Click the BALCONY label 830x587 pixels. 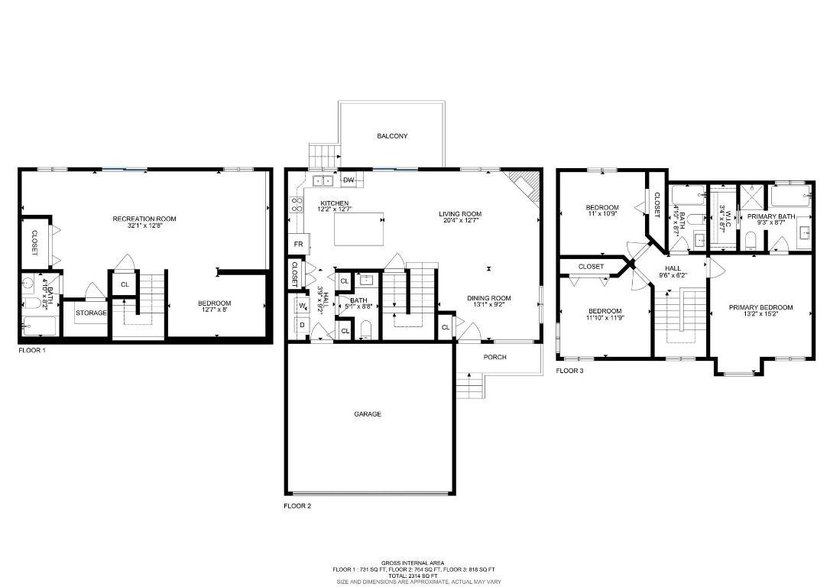click(x=392, y=136)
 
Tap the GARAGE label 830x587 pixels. click(x=367, y=414)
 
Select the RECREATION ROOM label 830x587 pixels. click(x=144, y=219)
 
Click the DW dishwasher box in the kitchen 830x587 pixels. click(x=349, y=180)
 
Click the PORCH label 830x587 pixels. click(x=494, y=358)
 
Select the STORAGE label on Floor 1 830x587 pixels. click(x=91, y=313)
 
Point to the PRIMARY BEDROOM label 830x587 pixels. click(x=760, y=308)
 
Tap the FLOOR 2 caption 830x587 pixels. click(x=297, y=506)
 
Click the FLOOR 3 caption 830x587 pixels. click(x=569, y=371)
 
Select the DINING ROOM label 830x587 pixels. click(x=489, y=298)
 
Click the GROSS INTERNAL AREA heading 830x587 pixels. click(x=413, y=563)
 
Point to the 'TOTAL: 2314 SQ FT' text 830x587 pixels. click(x=413, y=576)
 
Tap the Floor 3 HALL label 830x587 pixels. click(x=673, y=268)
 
